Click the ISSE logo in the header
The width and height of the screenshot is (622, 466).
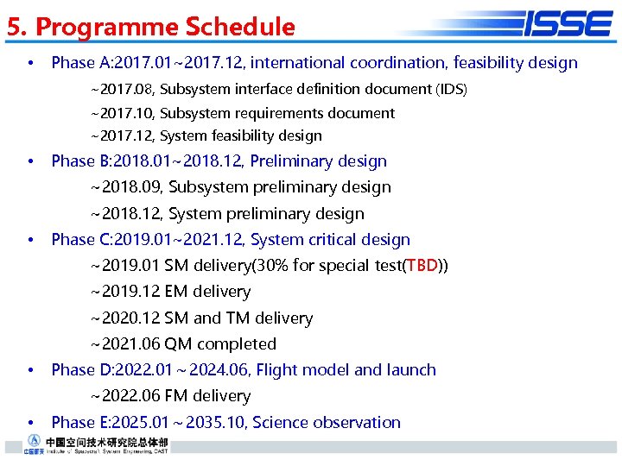[567, 23]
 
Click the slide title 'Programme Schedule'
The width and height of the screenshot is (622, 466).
[165, 27]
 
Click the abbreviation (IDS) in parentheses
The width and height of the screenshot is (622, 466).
[451, 89]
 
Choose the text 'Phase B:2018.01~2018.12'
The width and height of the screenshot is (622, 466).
[145, 161]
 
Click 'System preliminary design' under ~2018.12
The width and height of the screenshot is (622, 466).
[266, 213]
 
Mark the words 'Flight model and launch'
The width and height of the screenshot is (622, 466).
[346, 369]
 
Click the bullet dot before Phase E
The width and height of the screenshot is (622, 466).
[30, 423]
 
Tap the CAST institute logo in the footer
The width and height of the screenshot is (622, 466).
[86, 444]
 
